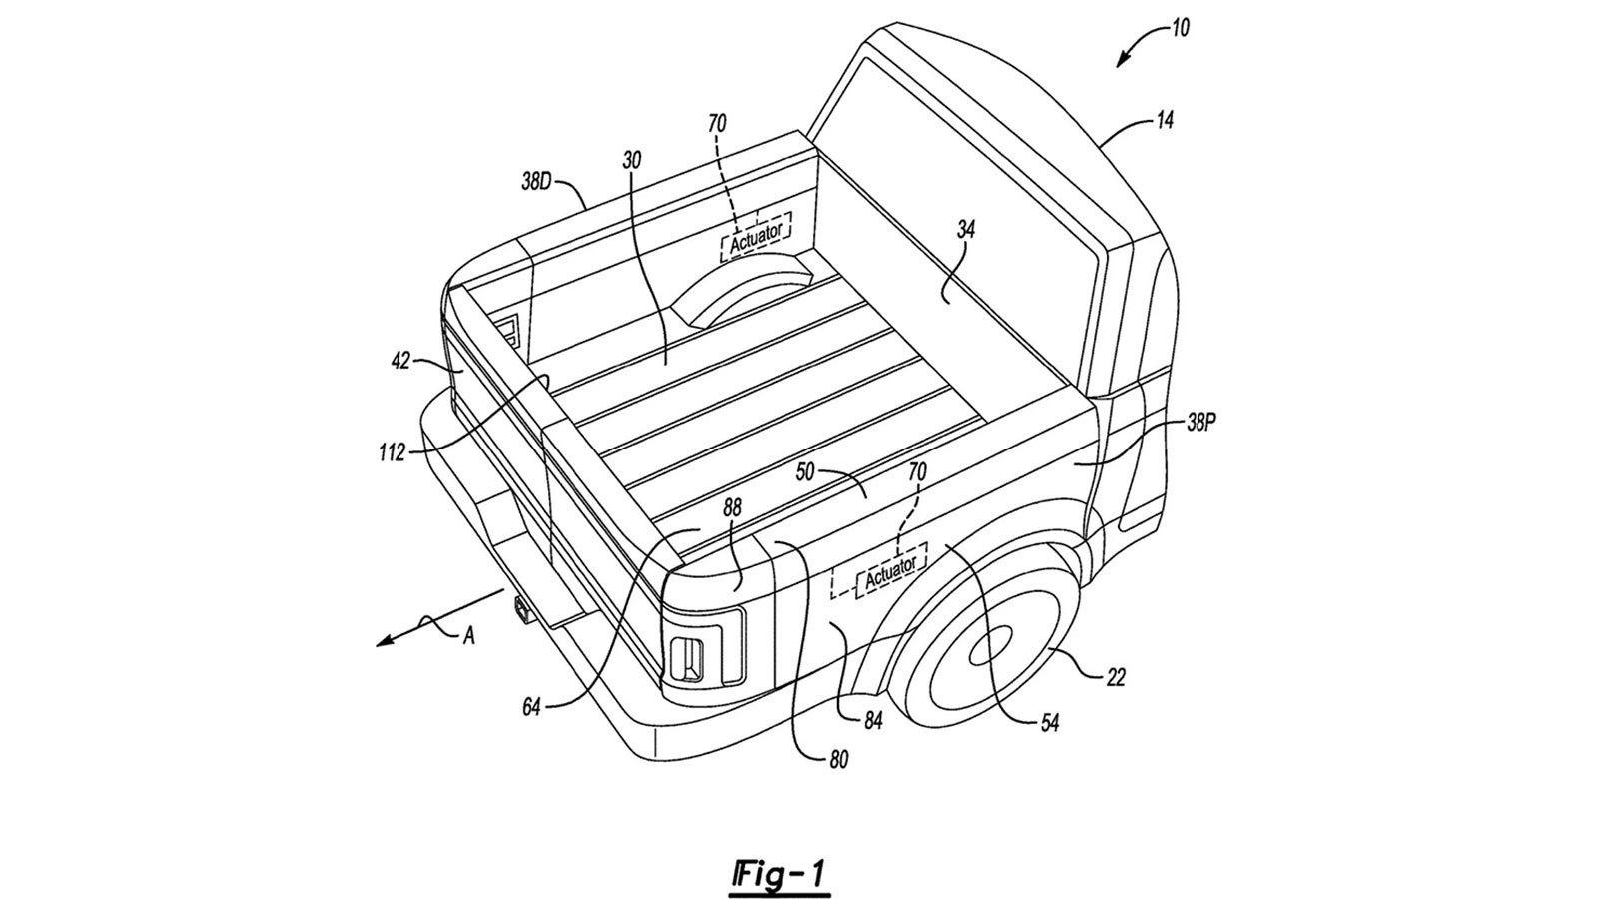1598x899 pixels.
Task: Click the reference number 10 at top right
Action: [1180, 29]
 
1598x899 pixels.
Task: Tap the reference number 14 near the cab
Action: [1164, 120]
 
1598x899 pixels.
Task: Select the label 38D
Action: [537, 182]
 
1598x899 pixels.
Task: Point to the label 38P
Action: [1200, 424]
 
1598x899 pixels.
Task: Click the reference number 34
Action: [965, 229]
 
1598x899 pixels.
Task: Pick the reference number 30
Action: [631, 161]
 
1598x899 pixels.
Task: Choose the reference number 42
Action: [400, 362]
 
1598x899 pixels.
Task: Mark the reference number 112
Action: [392, 452]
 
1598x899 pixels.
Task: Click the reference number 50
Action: [805, 472]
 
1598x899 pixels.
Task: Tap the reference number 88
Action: [732, 508]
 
